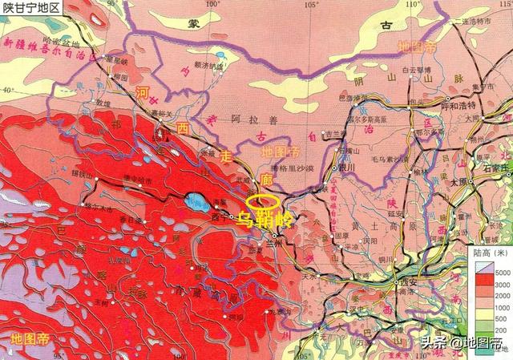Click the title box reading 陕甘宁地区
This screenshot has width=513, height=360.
(32, 7)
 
